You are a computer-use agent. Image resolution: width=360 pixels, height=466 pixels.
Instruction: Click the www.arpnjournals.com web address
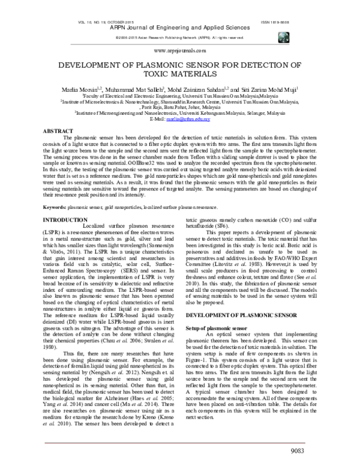point(179,51)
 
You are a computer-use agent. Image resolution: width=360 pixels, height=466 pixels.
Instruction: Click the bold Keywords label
point(55,190)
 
